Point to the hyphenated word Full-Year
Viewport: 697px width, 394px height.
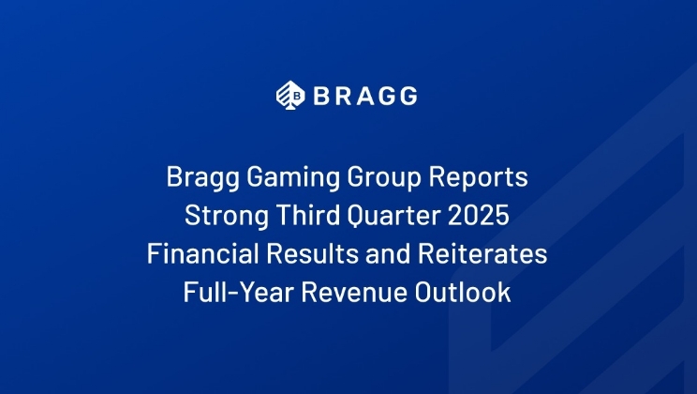(x=233, y=293)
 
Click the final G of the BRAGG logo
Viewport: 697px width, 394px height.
(x=407, y=95)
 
